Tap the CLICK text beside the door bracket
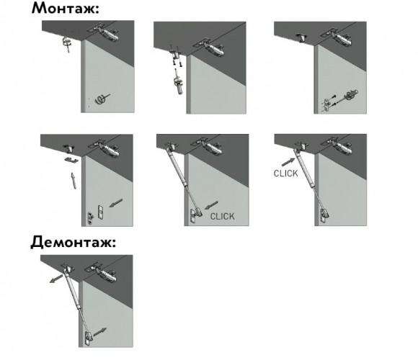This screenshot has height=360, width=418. [x=222, y=217]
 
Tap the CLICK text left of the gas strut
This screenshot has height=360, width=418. [x=286, y=174]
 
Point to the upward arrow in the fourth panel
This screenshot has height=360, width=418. [x=74, y=181]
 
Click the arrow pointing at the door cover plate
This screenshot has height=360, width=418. [x=116, y=203]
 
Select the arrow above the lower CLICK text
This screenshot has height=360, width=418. [x=211, y=205]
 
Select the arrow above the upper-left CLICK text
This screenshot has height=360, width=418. [x=288, y=162]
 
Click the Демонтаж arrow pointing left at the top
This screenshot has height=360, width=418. [x=56, y=279]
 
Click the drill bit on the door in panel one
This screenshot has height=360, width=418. [x=102, y=99]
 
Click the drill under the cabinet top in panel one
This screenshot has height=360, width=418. [x=67, y=43]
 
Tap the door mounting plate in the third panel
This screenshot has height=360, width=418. [x=328, y=105]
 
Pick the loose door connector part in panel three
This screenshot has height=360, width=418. [x=351, y=95]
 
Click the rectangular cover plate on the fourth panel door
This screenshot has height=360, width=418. [x=100, y=212]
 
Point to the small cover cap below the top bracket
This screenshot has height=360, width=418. [x=71, y=160]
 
